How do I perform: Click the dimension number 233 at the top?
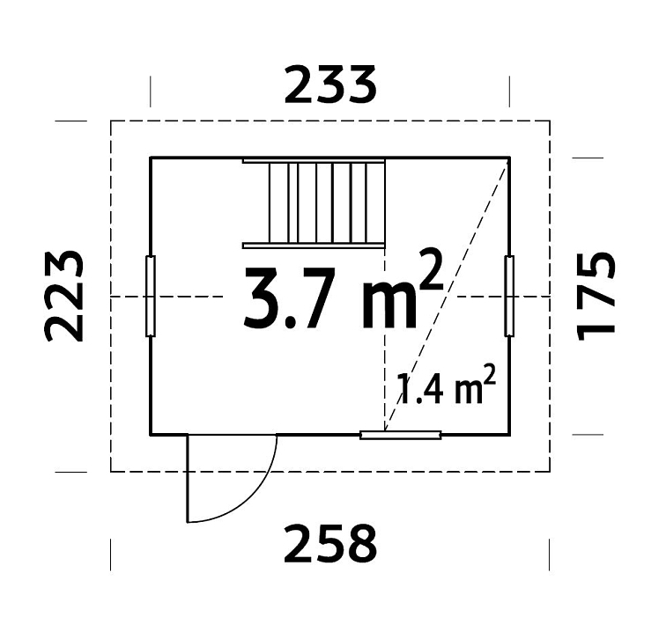point(330,86)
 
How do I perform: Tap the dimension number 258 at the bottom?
point(330,543)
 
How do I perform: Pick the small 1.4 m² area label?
point(446,388)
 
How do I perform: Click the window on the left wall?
point(151,296)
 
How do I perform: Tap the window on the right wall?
point(508,296)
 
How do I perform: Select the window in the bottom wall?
point(401,434)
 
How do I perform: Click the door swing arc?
point(255,493)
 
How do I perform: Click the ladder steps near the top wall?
point(314,202)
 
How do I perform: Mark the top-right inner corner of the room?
point(508,158)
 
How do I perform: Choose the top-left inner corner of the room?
point(152,158)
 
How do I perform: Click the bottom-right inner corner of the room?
point(508,434)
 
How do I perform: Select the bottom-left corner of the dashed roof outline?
point(111,471)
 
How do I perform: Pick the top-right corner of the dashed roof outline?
point(550,121)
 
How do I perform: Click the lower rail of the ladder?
point(314,244)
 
